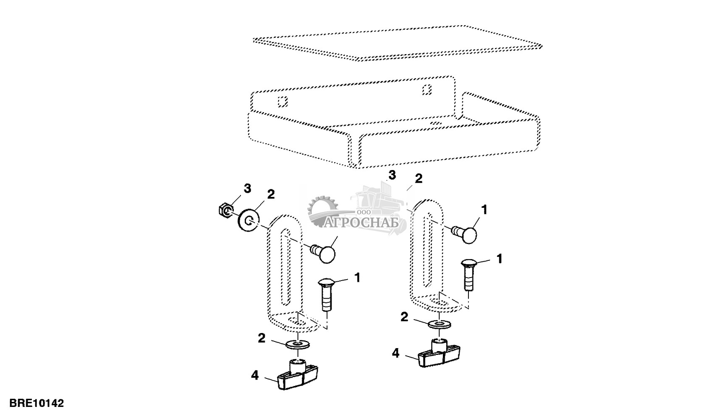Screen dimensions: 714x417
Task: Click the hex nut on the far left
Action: pyautogui.click(x=225, y=210)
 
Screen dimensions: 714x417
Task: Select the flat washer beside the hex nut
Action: pyautogui.click(x=248, y=220)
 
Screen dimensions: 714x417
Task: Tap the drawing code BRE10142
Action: pyautogui.click(x=37, y=403)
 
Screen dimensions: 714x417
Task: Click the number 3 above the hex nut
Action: pyautogui.click(x=247, y=189)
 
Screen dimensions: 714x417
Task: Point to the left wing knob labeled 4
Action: pyautogui.click(x=298, y=376)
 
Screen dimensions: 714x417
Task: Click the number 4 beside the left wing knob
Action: pyautogui.click(x=254, y=375)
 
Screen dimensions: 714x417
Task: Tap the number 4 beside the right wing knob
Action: pyautogui.click(x=395, y=353)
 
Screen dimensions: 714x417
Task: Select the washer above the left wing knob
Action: pyautogui.click(x=298, y=344)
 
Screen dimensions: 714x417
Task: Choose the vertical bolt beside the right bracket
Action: pyautogui.click(x=468, y=275)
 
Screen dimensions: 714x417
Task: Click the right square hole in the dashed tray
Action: pyautogui.click(x=427, y=89)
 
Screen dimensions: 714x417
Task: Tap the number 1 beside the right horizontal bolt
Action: pyautogui.click(x=484, y=210)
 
